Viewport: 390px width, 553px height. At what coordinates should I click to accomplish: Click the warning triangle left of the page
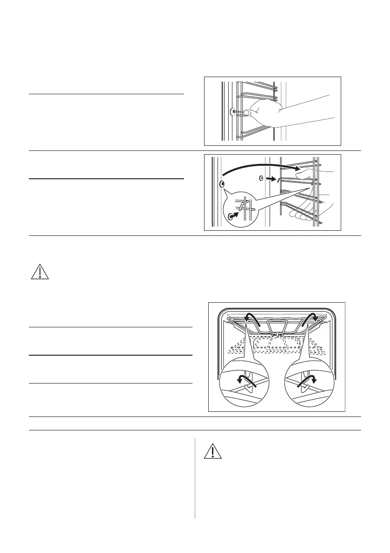point(40,271)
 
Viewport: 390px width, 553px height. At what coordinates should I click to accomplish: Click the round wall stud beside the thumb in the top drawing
point(231,112)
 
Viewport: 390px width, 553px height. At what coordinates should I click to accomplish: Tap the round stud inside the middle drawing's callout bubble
point(231,216)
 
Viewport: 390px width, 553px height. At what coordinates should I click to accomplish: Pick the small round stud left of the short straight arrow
point(261,178)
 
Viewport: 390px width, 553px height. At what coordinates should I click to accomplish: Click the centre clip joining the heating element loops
point(278,333)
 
